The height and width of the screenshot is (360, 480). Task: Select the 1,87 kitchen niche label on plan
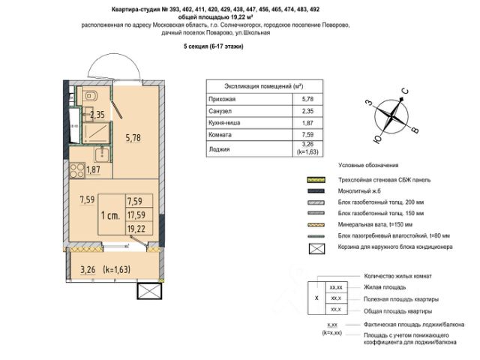[x=94, y=169]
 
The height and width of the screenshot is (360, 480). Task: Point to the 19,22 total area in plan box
[x=136, y=229]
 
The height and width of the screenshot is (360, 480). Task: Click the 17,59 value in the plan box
[x=136, y=214]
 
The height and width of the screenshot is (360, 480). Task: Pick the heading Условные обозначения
[x=368, y=165]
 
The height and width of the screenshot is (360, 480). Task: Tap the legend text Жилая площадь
[x=384, y=287]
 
